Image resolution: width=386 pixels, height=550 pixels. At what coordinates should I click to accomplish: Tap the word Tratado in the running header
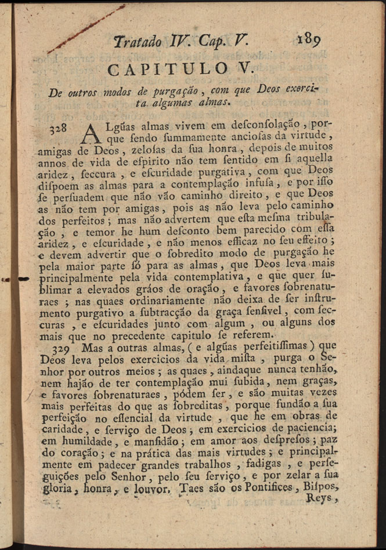[x=138, y=42]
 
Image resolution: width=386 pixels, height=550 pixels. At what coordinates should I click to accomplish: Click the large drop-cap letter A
[x=92, y=133]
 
